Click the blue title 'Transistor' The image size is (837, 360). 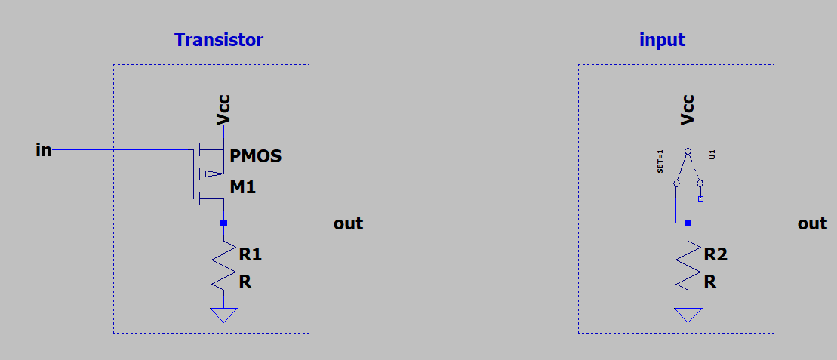pyautogui.click(x=219, y=40)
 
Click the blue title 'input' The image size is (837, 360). pyautogui.click(x=662, y=40)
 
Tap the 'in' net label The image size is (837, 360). pyautogui.click(x=44, y=150)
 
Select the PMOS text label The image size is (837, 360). pyautogui.click(x=256, y=157)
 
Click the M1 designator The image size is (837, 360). pyautogui.click(x=243, y=187)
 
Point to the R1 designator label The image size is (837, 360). pyautogui.click(x=251, y=255)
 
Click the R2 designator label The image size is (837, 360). pyautogui.click(x=715, y=255)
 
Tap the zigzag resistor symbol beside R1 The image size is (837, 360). pyautogui.click(x=223, y=266)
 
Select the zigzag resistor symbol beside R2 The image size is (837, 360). pyautogui.click(x=688, y=266)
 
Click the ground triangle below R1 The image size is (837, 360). pyautogui.click(x=223, y=315)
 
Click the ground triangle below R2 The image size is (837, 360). pyautogui.click(x=688, y=315)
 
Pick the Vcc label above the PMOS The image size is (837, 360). pyautogui.click(x=223, y=110)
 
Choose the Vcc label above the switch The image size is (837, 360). pyautogui.click(x=688, y=110)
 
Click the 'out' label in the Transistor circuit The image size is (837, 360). pyautogui.click(x=348, y=223)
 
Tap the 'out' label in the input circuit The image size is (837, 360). pyautogui.click(x=813, y=223)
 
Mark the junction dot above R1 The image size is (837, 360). pyautogui.click(x=223, y=223)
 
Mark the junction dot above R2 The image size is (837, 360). pyautogui.click(x=688, y=223)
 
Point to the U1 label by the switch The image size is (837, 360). pyautogui.click(x=712, y=155)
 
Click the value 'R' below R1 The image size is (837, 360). pyautogui.click(x=245, y=282)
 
